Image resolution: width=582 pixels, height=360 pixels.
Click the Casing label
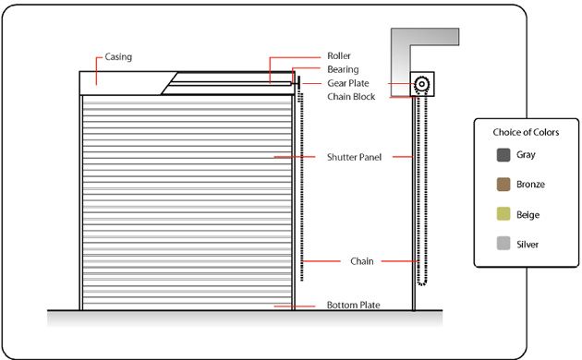[x=118, y=57]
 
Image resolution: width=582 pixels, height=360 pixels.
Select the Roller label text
[x=339, y=56]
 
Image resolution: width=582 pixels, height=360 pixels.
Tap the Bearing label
[x=343, y=69]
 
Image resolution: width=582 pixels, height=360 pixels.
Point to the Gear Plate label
[x=347, y=83]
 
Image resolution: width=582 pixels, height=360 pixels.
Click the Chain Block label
[x=351, y=96]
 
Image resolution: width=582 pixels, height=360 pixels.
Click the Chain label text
[x=361, y=262]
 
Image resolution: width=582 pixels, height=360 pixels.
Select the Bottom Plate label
[x=353, y=306]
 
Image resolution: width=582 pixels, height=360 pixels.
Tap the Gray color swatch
[x=503, y=155]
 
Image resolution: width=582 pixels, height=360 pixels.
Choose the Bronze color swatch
[x=503, y=185]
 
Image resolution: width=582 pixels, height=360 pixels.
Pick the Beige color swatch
[x=503, y=214]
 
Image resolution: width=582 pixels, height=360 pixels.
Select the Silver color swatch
[x=503, y=245]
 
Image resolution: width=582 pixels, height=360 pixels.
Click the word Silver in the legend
[x=528, y=245]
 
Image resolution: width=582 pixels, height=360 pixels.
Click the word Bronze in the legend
[x=530, y=185]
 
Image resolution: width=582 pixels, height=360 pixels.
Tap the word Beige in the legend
[x=528, y=214]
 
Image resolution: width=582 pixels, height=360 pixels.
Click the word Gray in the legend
[x=526, y=155]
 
